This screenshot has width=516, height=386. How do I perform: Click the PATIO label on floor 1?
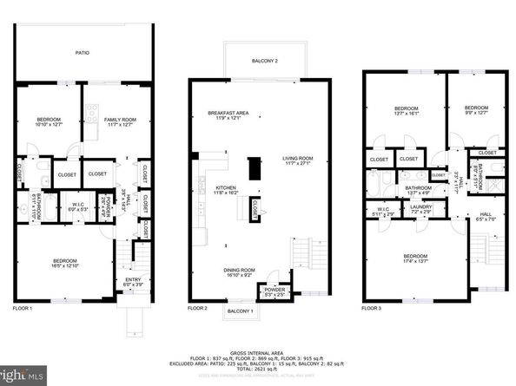pos(82,52)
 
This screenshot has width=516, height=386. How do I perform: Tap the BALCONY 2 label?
pos(265,61)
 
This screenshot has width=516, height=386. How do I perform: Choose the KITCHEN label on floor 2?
pos(226,188)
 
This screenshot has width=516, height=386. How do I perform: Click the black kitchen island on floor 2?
pos(255,167)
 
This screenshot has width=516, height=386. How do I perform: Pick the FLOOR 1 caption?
pos(22,309)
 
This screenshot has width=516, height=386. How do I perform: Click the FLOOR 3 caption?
pos(373,308)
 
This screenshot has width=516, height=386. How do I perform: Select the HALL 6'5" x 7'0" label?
pos(484,216)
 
